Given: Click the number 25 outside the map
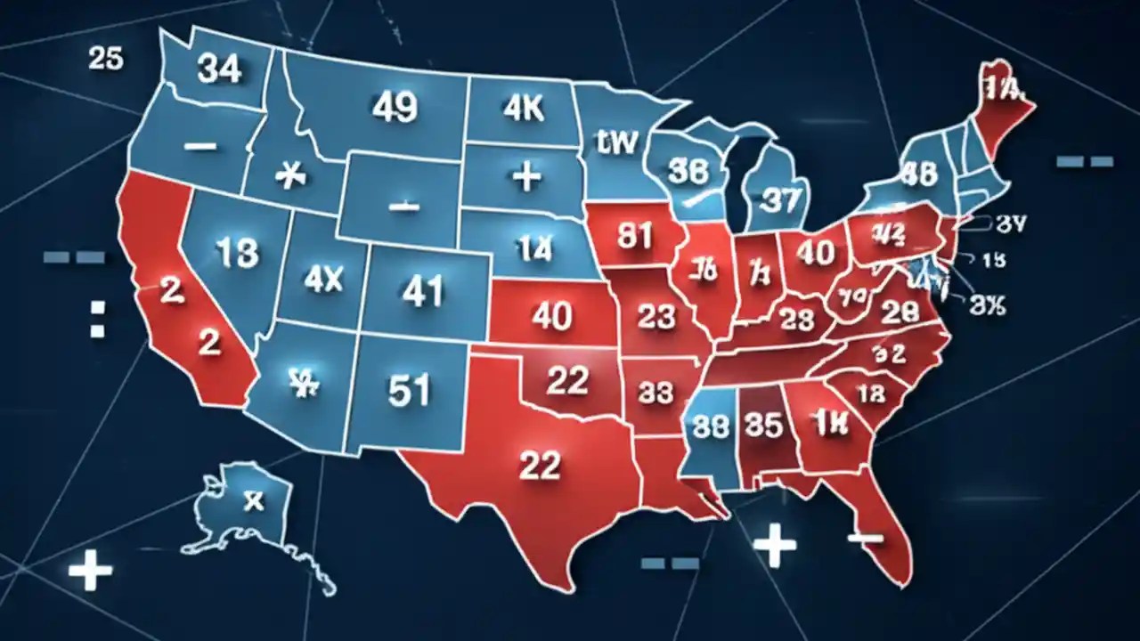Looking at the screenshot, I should click(x=106, y=59).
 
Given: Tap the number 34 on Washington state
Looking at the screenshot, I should click(x=219, y=69).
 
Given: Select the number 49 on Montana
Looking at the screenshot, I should click(x=394, y=108).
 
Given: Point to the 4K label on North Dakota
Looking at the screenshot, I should click(x=522, y=107).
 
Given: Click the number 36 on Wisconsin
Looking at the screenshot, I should click(x=688, y=171).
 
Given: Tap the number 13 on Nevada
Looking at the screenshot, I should click(x=236, y=254).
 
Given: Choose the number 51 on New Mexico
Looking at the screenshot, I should click(x=410, y=391).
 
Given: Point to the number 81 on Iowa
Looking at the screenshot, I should click(x=636, y=238).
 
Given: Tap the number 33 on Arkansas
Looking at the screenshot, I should click(x=656, y=392).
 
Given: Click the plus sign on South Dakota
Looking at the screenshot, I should click(x=527, y=176).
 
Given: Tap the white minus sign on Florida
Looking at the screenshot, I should click(x=865, y=538).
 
